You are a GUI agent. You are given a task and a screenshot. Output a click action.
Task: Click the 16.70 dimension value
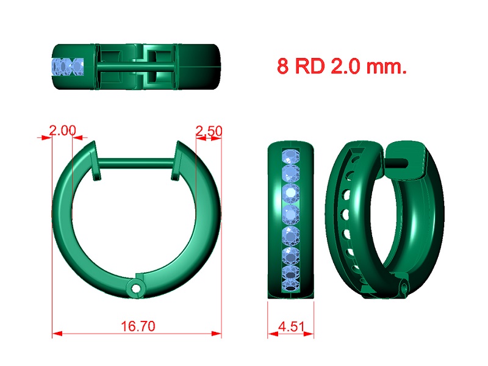pos(138,326)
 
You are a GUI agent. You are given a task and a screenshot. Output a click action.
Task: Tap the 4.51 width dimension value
pos(292,326)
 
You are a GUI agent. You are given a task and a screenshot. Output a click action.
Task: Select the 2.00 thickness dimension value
pos(63,131)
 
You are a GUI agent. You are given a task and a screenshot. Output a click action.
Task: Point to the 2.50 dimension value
pos(209,131)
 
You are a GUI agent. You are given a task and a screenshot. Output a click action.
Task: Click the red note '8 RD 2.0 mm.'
pos(342,66)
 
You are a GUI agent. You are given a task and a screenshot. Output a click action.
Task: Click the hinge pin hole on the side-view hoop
pos(135,289)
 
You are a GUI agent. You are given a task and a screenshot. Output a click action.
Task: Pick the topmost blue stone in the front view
pos(291,156)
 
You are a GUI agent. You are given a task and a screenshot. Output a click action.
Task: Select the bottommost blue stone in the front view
pos(291,285)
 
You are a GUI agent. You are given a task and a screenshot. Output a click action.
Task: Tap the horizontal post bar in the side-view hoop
pos(136,163)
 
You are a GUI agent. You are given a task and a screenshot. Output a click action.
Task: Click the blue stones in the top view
pos(68,66)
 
